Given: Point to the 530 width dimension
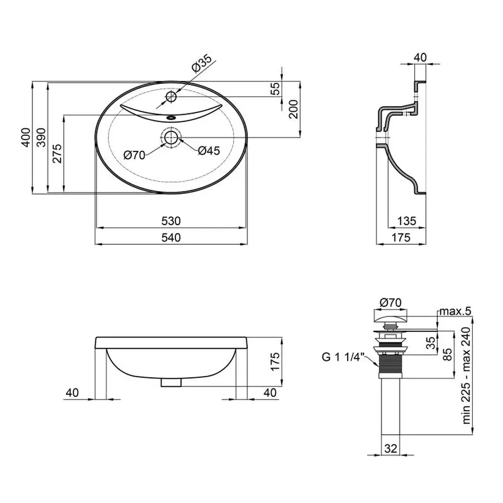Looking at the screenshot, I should coord(171,221).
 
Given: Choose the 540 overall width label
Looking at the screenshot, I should coord(171,238).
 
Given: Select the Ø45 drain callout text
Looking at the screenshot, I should coord(208,150).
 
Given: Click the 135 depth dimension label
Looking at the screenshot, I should coord(407,221).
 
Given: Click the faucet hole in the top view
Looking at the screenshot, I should coord(170,97).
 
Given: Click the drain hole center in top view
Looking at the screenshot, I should coord(170,136).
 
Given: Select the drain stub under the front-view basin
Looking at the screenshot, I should coord(170,383).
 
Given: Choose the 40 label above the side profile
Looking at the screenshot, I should coord(421,58).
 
